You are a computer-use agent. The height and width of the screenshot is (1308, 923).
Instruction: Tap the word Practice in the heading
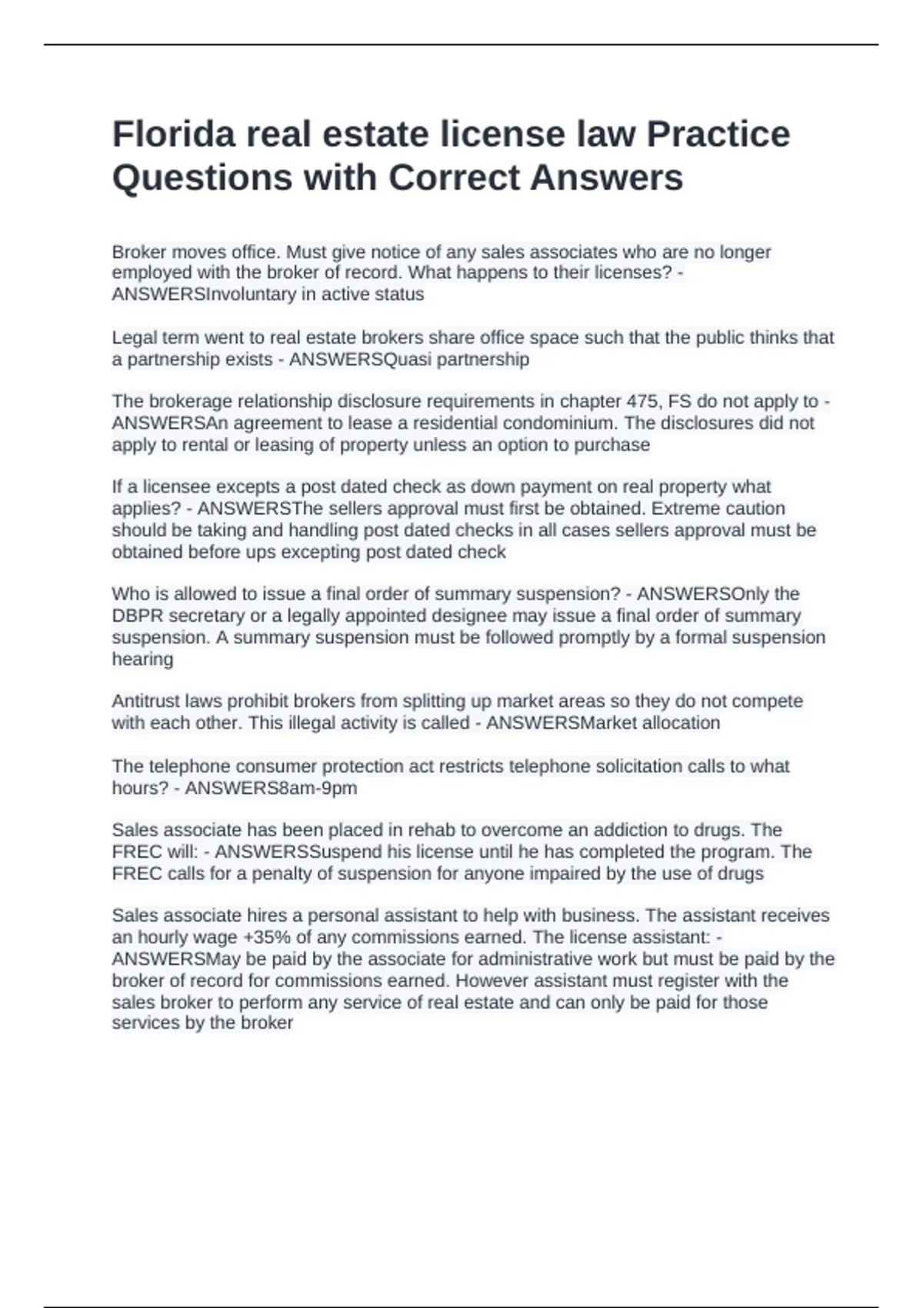[x=718, y=134]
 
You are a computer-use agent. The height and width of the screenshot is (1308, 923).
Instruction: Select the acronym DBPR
[x=137, y=616]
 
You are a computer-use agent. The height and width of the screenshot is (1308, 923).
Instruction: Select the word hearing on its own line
[x=142, y=659]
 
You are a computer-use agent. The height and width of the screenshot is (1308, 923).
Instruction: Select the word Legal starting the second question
[x=132, y=338]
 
